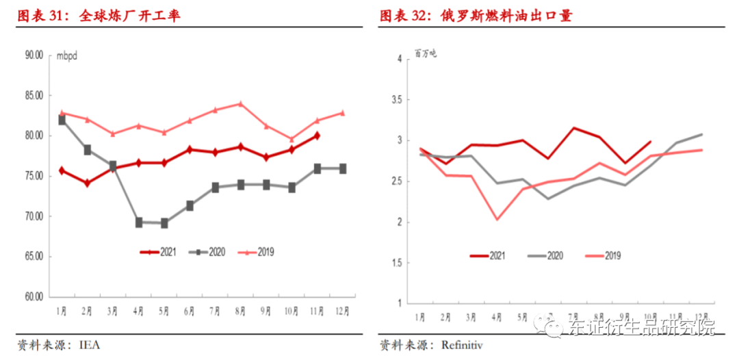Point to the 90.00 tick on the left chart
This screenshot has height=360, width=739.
coord(34,55)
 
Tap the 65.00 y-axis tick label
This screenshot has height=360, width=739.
coord(34,257)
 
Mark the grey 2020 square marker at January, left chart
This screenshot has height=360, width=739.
coord(62,120)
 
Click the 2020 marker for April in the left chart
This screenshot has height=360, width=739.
coord(139,222)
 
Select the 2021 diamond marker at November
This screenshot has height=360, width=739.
coord(317,136)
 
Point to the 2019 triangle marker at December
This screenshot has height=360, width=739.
coord(343,113)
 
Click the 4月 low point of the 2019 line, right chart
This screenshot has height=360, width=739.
coord(496,220)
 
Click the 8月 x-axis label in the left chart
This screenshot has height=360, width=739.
coord(241,311)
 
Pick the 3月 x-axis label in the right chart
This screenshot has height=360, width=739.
coord(471,318)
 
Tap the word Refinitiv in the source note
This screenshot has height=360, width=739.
coord(460,345)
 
